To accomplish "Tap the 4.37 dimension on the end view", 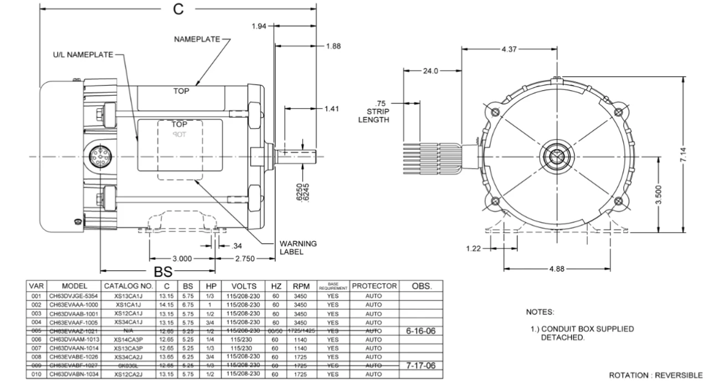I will [x=510, y=49].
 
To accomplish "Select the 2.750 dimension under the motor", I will [x=245, y=258].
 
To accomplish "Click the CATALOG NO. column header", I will [x=128, y=286].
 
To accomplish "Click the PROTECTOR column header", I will [x=374, y=286].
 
